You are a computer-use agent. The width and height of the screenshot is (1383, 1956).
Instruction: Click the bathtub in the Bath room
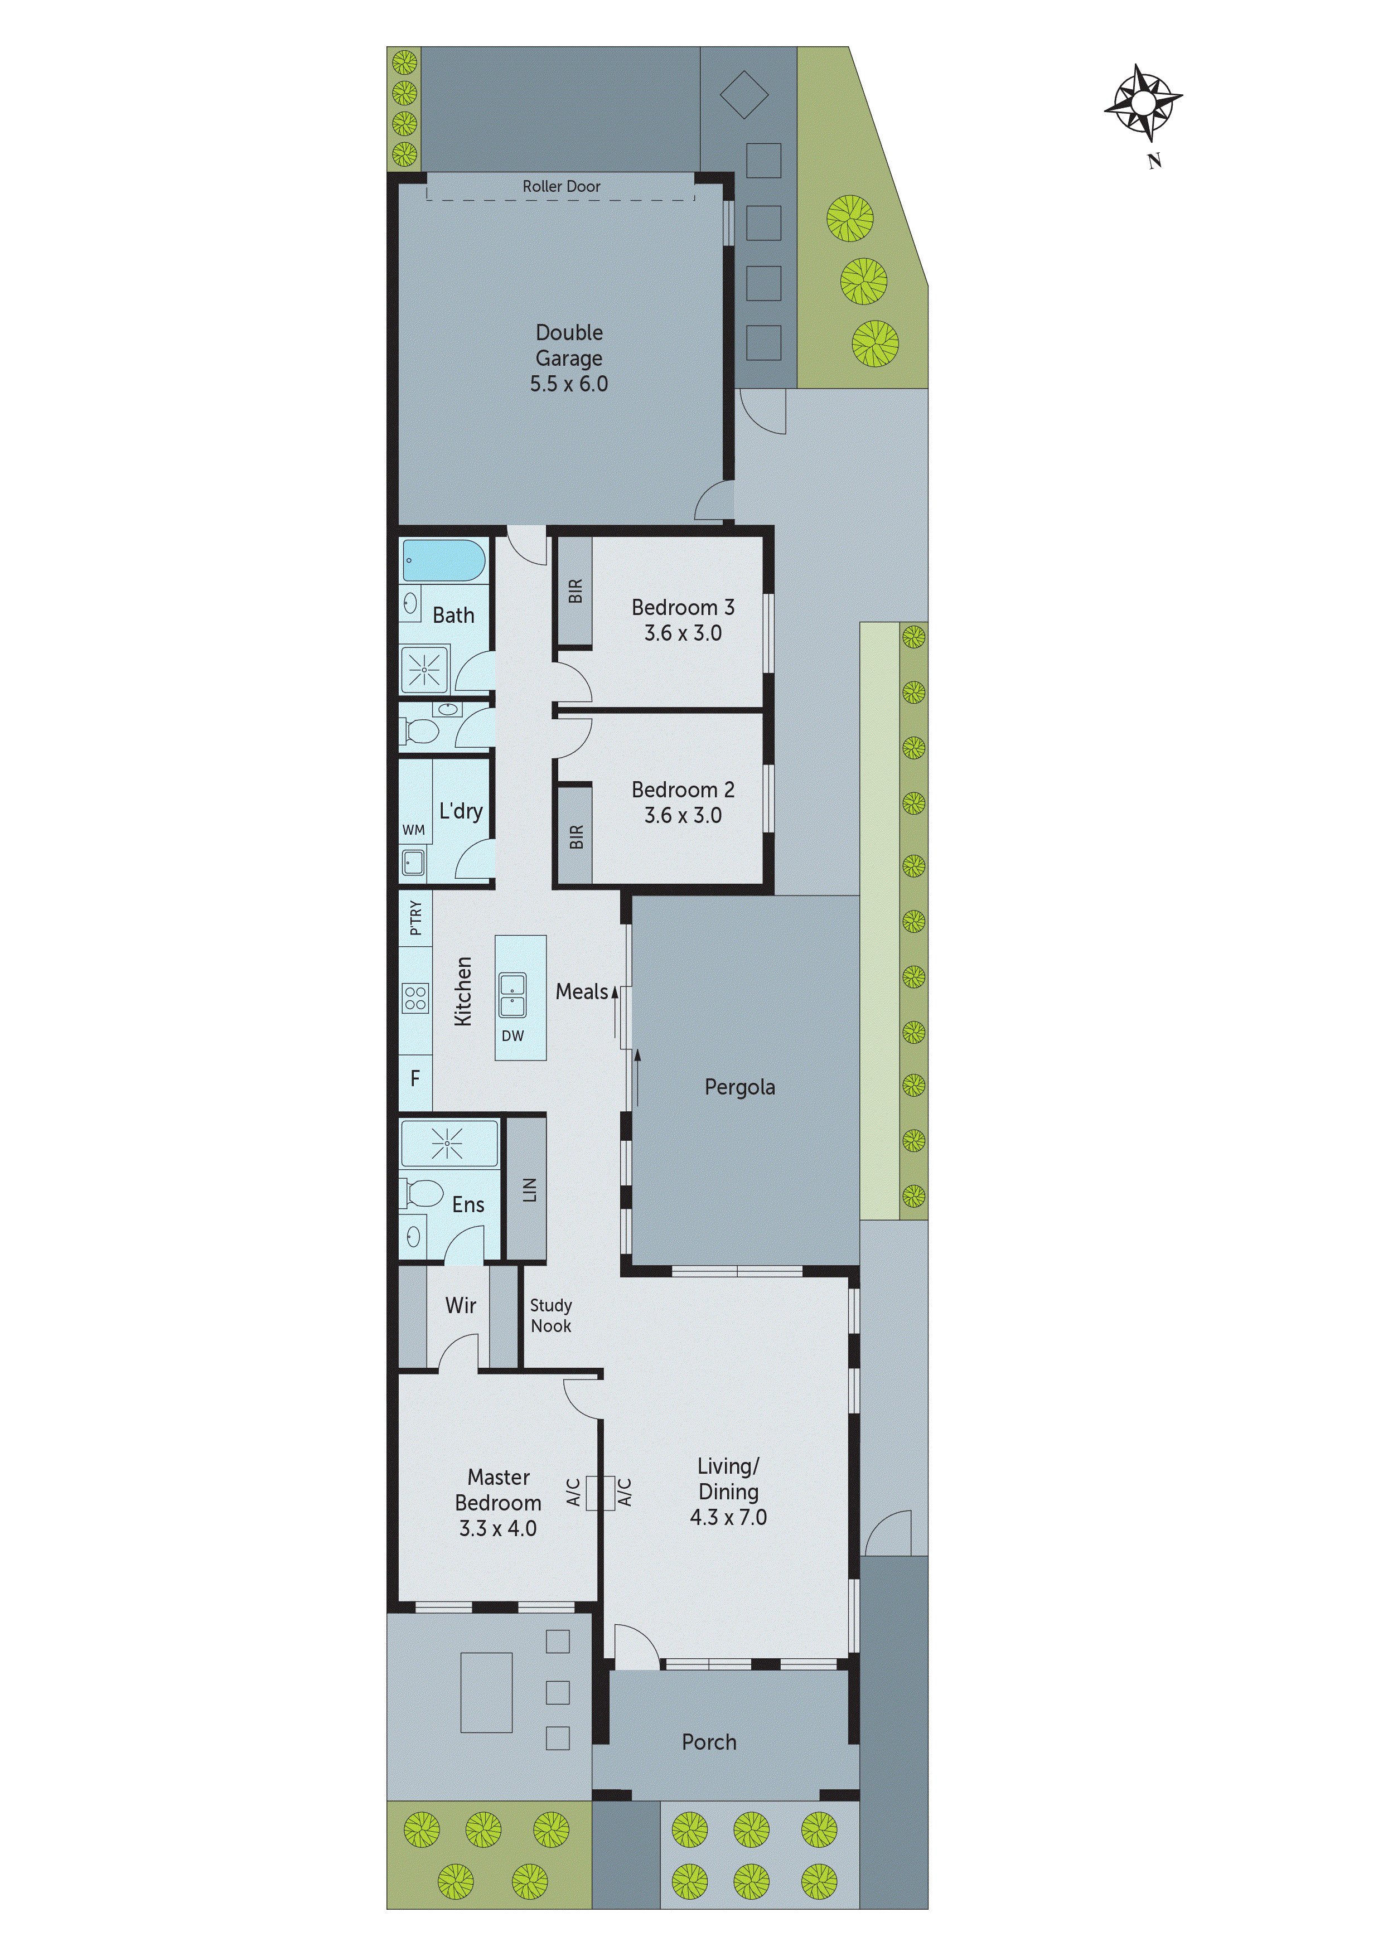click(x=443, y=560)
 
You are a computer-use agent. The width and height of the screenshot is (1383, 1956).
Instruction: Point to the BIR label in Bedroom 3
click(x=575, y=591)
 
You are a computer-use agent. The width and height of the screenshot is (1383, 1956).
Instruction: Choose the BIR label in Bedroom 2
click(x=576, y=836)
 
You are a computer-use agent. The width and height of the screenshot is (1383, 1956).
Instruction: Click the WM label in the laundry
click(x=413, y=830)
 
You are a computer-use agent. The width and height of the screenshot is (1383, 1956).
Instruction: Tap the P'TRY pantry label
click(x=415, y=918)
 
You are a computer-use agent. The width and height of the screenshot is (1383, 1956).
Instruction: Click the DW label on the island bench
click(x=512, y=1036)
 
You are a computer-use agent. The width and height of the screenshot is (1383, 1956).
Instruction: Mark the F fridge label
click(x=415, y=1078)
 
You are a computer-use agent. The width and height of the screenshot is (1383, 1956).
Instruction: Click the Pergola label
click(x=739, y=1087)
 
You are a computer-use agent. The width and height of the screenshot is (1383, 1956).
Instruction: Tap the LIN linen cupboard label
click(x=529, y=1189)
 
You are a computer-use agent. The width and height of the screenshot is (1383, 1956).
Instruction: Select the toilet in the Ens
click(x=423, y=1193)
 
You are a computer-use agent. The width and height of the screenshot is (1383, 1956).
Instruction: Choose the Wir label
click(x=460, y=1305)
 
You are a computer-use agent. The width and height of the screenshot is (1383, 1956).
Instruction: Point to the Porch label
click(x=708, y=1742)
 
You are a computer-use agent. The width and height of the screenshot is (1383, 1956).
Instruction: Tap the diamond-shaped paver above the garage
click(x=744, y=95)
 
